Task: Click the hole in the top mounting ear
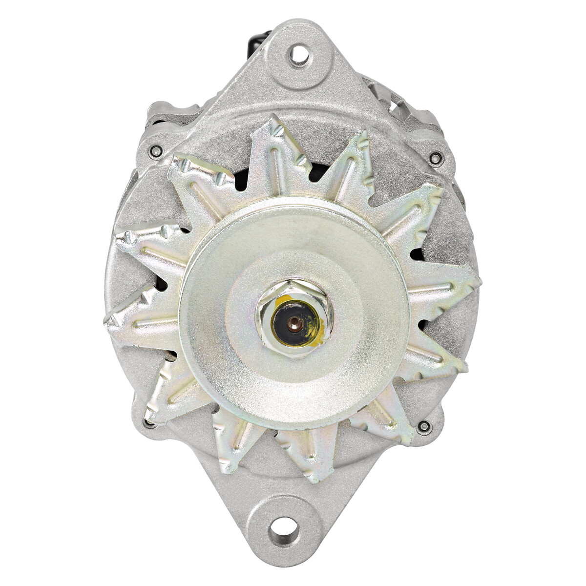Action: click(299, 55)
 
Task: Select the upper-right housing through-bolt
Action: click(434, 157)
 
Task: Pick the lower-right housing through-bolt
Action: click(423, 427)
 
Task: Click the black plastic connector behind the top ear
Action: click(258, 39)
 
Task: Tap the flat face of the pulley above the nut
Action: click(293, 244)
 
